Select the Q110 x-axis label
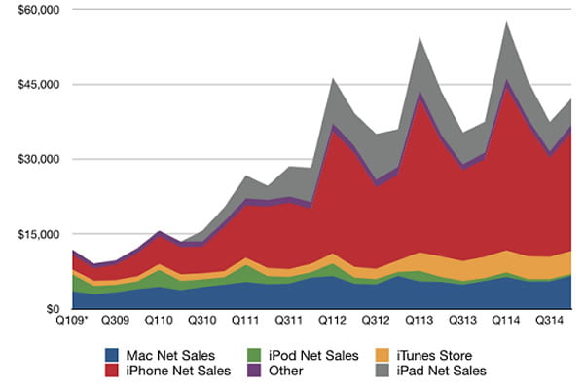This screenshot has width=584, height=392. point(158,320)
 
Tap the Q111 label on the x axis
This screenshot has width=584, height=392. point(243,320)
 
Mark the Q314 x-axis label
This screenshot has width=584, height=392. point(549,320)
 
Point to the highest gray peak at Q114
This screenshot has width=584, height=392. point(506,23)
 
